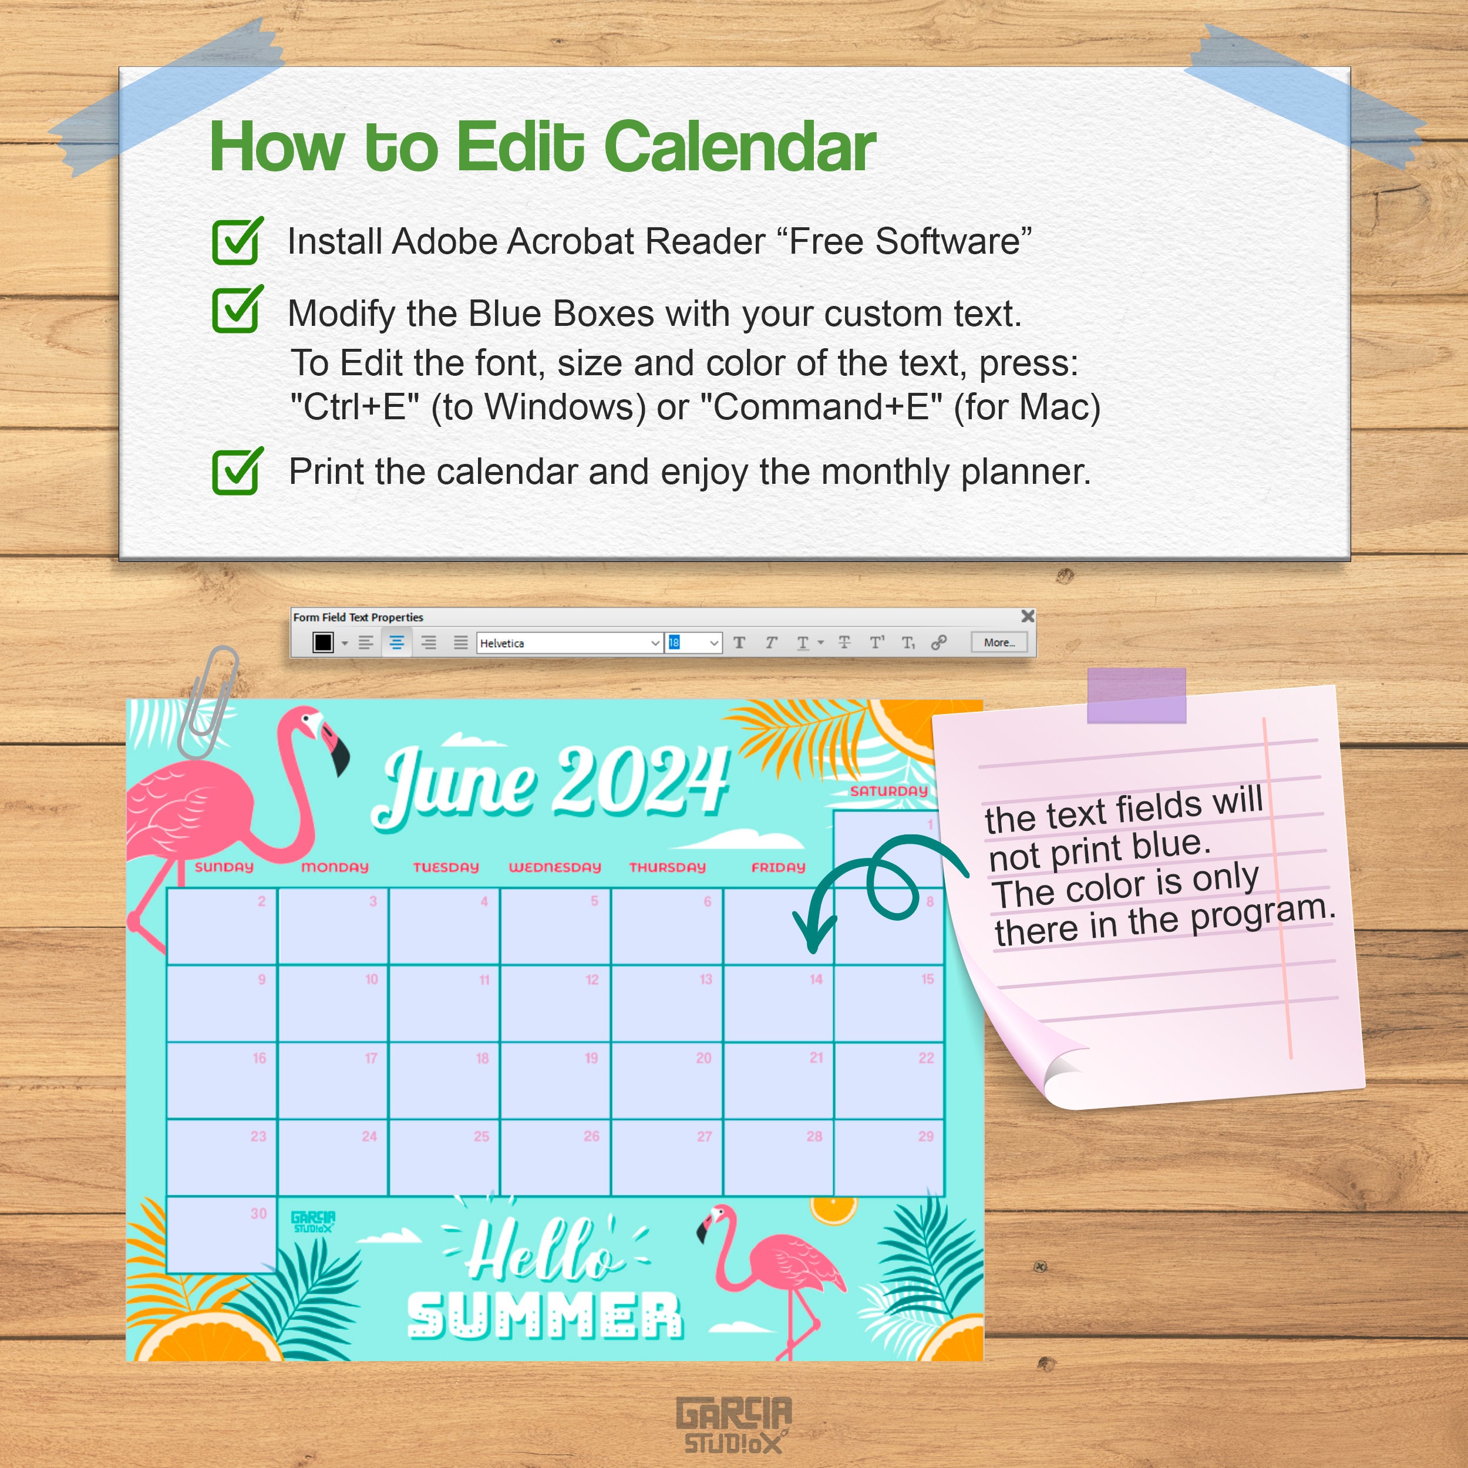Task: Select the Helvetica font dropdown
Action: (x=569, y=643)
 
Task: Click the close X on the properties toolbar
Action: (x=1027, y=616)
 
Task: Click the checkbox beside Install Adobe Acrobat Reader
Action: (x=236, y=241)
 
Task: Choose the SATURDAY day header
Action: (x=889, y=792)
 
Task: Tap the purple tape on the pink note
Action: (x=1136, y=695)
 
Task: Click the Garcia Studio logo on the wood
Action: (x=734, y=1424)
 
